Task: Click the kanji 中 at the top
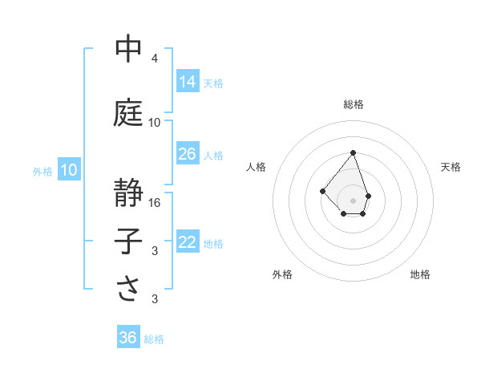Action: (x=129, y=49)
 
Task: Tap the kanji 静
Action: (x=129, y=193)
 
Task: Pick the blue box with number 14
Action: (x=188, y=81)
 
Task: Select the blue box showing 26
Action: (x=188, y=154)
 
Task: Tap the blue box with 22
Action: (x=188, y=242)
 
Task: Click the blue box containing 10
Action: (x=69, y=170)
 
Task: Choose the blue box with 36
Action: (x=128, y=338)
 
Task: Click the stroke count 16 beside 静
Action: (x=155, y=203)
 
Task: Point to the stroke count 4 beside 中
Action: (x=155, y=59)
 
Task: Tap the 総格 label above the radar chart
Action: (x=354, y=104)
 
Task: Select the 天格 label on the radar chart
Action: (x=451, y=167)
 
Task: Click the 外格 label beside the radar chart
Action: (x=282, y=274)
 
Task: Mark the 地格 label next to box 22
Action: (x=213, y=243)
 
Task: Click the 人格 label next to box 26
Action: (x=213, y=155)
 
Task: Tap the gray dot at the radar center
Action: (x=354, y=200)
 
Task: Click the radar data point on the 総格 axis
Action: (x=354, y=152)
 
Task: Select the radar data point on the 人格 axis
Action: (x=322, y=190)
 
